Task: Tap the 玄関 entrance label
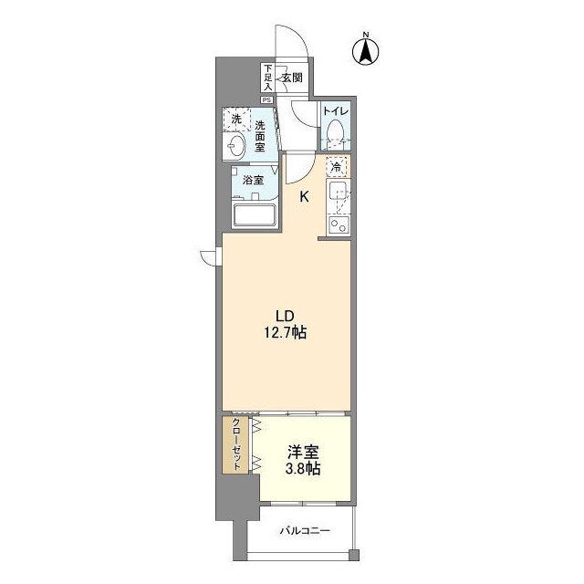tap(292, 78)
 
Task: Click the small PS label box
tap(267, 99)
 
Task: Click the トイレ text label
tap(335, 111)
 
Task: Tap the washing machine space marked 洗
tap(236, 120)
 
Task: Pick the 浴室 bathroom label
tap(253, 181)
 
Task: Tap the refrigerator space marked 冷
tap(337, 168)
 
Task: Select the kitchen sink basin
tap(338, 193)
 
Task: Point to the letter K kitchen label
tap(305, 195)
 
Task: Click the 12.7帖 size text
tap(287, 334)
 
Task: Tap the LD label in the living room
tap(286, 315)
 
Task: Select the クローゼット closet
tap(235, 445)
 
